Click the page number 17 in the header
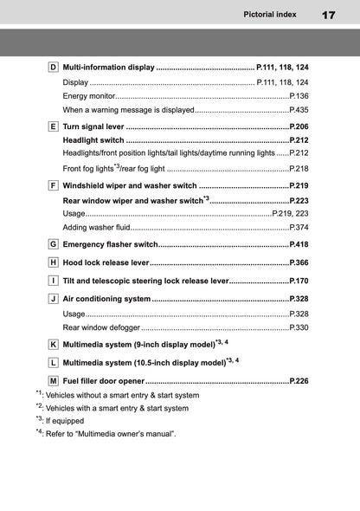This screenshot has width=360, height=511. pyautogui.click(x=328, y=15)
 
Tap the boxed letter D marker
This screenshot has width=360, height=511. pyautogui.click(x=53, y=67)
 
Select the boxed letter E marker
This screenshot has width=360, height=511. pyautogui.click(x=53, y=126)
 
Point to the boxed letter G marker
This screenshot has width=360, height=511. pyautogui.click(x=53, y=244)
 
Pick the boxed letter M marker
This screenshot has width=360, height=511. pyautogui.click(x=53, y=381)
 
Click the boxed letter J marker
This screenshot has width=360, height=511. pyautogui.click(x=53, y=299)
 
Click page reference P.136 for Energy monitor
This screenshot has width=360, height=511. pyautogui.click(x=299, y=96)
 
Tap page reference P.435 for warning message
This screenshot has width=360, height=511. pyautogui.click(x=299, y=111)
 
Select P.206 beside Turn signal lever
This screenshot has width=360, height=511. pyautogui.click(x=299, y=126)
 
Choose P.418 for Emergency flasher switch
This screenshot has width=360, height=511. pyautogui.click(x=299, y=244)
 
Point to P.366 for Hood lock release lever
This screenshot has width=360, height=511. pyautogui.click(x=299, y=262)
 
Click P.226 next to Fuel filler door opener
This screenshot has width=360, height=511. pyautogui.click(x=299, y=381)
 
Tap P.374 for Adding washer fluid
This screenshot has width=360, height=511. pyautogui.click(x=299, y=227)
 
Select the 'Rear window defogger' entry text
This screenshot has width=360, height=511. pyautogui.click(x=101, y=329)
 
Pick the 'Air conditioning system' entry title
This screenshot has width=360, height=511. pyautogui.click(x=106, y=299)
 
